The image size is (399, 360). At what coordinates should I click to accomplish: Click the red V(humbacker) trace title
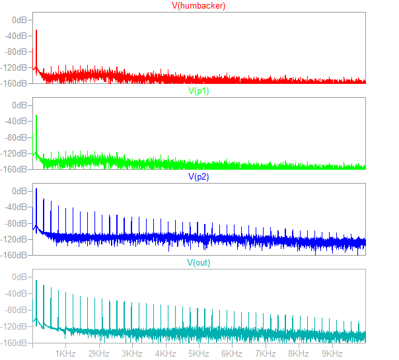coord(199,6)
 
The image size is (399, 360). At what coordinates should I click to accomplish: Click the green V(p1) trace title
coord(199,91)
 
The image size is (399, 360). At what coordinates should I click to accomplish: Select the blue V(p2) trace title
coord(199,176)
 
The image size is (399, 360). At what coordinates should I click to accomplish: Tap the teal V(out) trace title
coord(199,262)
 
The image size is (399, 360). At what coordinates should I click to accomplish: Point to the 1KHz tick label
coord(66,353)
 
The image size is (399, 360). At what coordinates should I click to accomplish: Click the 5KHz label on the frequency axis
coord(199,353)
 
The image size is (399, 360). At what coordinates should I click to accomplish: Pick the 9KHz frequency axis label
coord(332,353)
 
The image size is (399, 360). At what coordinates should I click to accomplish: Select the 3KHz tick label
coord(132,353)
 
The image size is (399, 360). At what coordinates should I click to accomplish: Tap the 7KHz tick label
coord(266,353)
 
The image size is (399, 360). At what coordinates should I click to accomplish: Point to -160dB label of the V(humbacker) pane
coord(15,83)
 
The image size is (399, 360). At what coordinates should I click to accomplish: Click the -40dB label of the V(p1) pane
coord(17,121)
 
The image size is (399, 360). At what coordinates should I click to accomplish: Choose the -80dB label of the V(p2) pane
coord(17,223)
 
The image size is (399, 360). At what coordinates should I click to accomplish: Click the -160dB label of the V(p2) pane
coord(15,254)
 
